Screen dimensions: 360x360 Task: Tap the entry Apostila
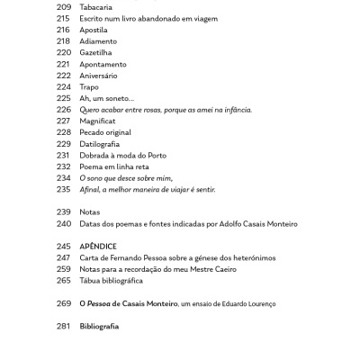[x=94, y=30]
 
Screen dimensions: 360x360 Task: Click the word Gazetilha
[x=97, y=52]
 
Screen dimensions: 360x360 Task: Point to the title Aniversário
[x=98, y=76]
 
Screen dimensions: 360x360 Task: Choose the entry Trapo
[x=91, y=87]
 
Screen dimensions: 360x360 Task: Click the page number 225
[x=63, y=98]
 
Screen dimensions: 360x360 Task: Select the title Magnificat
[x=99, y=121]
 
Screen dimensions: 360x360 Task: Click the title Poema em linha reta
[x=116, y=166]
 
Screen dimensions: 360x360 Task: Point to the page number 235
[x=63, y=190]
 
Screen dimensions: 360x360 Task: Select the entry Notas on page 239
[x=90, y=212]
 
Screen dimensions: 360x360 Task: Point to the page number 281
[x=63, y=327]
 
